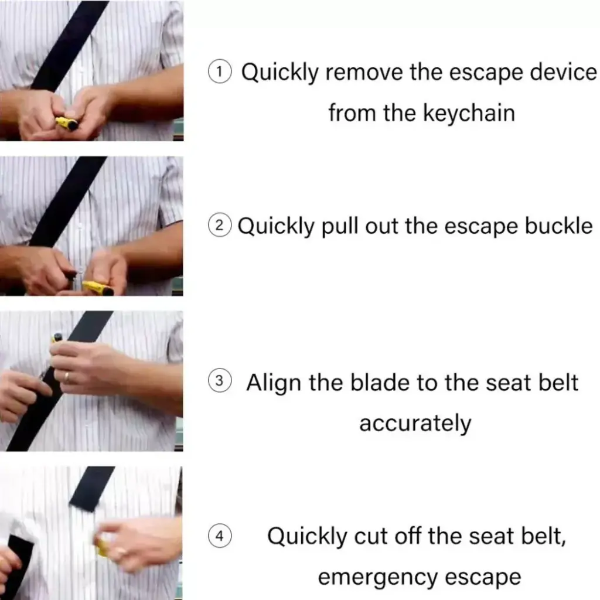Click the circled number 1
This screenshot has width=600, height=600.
coord(220,73)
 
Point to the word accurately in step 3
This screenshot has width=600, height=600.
coord(415,422)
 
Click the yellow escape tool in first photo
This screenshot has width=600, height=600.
coord(67,124)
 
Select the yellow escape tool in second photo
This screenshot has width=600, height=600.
coord(98,288)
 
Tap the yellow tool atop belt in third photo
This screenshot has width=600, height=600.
coord(57,337)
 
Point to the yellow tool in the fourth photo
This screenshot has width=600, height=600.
coord(102,547)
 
